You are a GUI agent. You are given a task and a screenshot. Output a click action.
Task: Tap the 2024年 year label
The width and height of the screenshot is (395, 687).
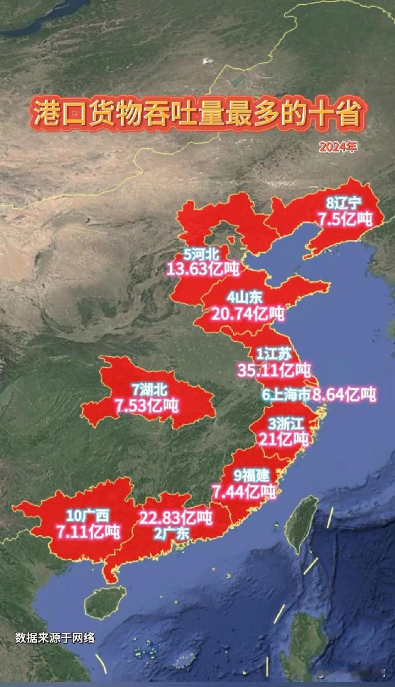coord(338,147)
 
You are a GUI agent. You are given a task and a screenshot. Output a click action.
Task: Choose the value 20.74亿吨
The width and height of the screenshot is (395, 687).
coord(248,314)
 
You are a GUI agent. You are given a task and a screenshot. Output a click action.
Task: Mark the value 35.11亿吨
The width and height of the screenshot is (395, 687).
coord(274,370)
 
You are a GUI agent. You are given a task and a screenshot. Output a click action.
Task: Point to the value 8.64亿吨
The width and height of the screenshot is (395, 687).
coord(345,394)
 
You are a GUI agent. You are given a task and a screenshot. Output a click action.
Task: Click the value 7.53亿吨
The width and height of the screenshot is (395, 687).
coord(146,406)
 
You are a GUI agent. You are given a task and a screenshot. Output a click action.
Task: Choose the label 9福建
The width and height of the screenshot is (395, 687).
coord(252,475)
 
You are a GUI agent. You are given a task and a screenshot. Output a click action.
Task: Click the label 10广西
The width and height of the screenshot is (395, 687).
coord(88,515)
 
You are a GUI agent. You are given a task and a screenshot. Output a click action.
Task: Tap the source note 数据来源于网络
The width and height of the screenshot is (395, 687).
coord(54,637)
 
